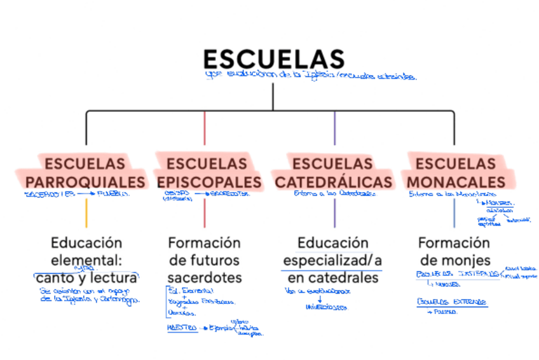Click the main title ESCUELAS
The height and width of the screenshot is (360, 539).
[x=273, y=59]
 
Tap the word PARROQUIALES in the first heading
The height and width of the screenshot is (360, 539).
[x=85, y=181]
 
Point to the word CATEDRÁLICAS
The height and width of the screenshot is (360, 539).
[x=334, y=181]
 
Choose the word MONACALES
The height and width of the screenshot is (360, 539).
[x=457, y=181]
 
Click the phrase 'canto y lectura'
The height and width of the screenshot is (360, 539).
[x=86, y=278]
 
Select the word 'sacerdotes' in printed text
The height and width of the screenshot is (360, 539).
[x=205, y=278]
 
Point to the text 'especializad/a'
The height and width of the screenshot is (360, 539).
[x=332, y=260]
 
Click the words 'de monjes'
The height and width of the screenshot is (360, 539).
[x=454, y=260]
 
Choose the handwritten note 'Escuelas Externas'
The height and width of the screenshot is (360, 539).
[x=452, y=301]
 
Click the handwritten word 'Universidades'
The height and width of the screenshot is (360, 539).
[x=326, y=307]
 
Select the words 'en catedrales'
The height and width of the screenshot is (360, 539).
[x=332, y=278]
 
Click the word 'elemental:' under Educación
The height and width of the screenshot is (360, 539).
[x=86, y=260]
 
